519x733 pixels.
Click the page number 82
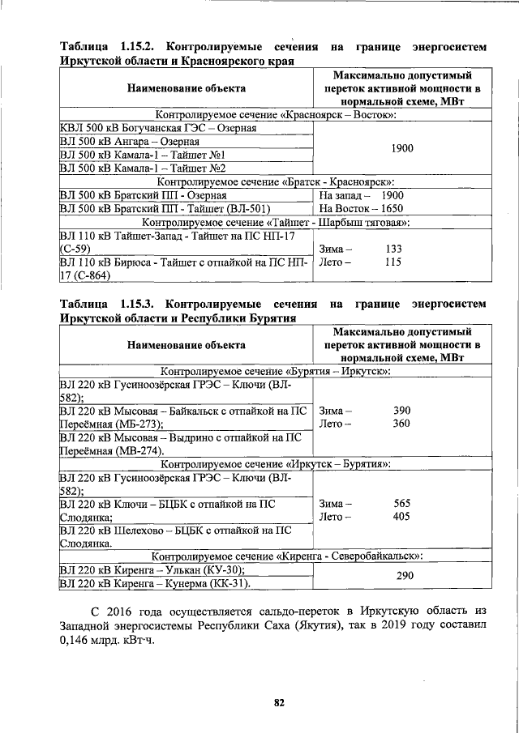tap(278, 703)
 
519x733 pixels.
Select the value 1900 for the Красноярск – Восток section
tap(401, 148)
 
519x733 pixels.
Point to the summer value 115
tap(393, 262)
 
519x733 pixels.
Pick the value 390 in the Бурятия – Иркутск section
tap(401, 411)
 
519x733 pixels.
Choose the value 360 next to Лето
tap(401, 424)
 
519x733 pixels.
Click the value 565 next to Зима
tap(401, 503)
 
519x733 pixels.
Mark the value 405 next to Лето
tap(401, 516)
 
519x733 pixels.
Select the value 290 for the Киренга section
tap(401, 576)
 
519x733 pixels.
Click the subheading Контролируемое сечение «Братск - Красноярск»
tap(274, 181)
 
